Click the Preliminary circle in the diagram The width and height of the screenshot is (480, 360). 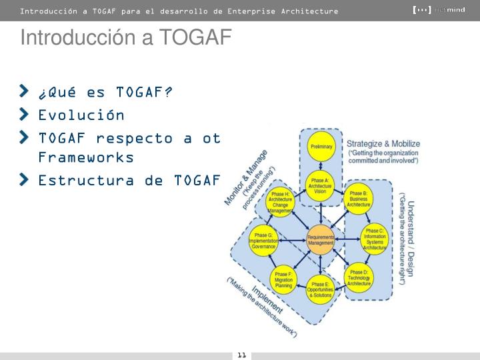click(321, 146)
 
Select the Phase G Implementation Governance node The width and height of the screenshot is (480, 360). click(263, 241)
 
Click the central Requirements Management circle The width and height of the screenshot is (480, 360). click(321, 240)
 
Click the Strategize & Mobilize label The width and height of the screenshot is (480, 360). click(383, 143)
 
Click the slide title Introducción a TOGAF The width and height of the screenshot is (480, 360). click(125, 38)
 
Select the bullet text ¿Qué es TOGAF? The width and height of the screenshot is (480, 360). click(105, 91)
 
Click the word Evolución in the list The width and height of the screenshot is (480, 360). click(81, 115)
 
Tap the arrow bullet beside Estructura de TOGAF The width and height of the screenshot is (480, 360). click(25, 179)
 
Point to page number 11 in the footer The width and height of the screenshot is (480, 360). click(241, 355)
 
